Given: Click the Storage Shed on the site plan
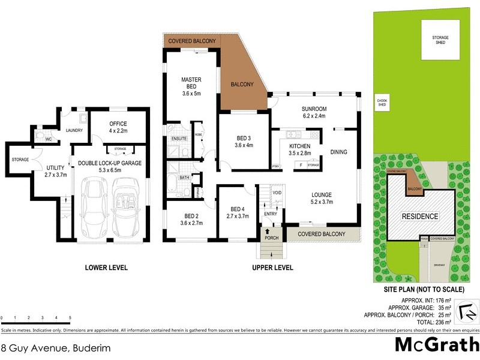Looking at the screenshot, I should [x=441, y=40].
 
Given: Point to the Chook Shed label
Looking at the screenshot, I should [x=381, y=102].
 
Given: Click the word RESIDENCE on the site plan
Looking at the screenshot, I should [x=420, y=216].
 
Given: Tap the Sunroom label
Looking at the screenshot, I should [x=313, y=112].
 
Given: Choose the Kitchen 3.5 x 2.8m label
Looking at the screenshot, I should [x=299, y=150].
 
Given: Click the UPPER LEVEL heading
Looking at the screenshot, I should [x=273, y=268].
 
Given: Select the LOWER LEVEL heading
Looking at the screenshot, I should [x=107, y=268].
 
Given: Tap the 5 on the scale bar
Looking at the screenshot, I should [x=70, y=317].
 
